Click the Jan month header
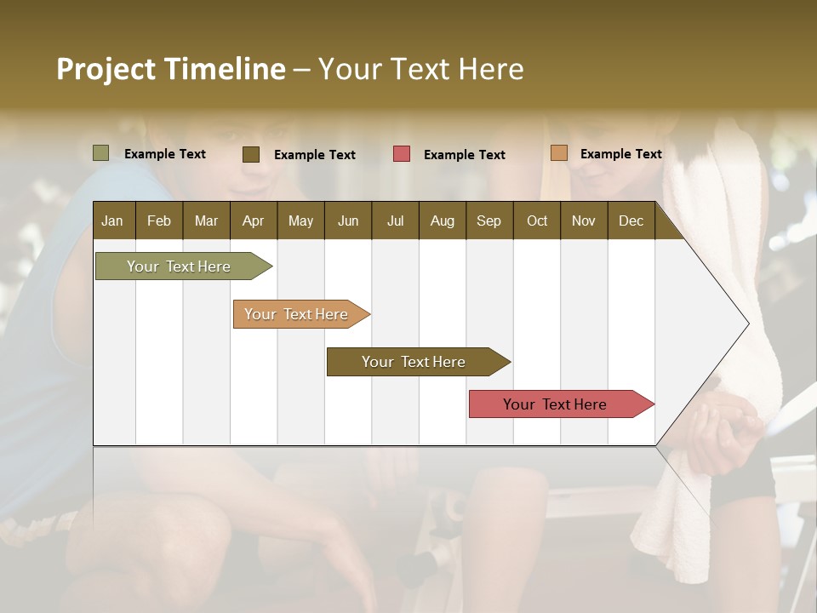(113, 221)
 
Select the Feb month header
(159, 221)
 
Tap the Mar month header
(206, 221)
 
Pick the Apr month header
(253, 221)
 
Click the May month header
(300, 221)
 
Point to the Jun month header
(348, 221)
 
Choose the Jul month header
(395, 221)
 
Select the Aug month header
(443, 221)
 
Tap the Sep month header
(489, 221)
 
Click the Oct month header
(537, 221)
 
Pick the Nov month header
(584, 221)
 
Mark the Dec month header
(631, 221)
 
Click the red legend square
(402, 154)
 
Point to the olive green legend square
(101, 153)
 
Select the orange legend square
(558, 153)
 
